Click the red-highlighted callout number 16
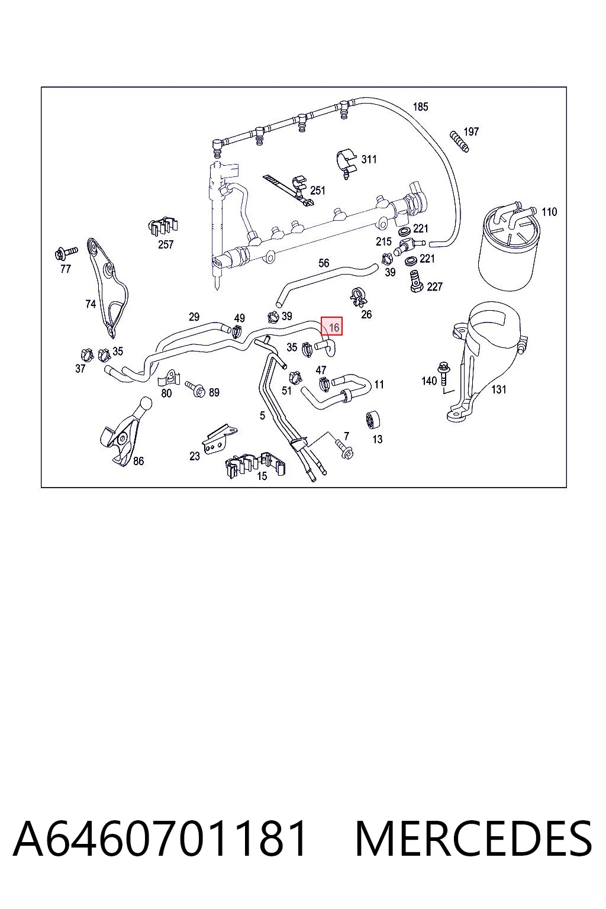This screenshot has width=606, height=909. [334, 327]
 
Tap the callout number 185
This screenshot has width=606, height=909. [421, 107]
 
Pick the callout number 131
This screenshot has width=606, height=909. [498, 389]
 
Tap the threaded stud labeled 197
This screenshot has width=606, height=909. [459, 141]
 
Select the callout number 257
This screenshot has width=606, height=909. [166, 244]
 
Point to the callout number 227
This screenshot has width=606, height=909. [434, 287]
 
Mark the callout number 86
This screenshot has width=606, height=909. [138, 461]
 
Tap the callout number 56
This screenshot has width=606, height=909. [324, 263]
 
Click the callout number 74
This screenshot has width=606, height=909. [91, 304]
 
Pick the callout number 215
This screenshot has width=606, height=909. [383, 242]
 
